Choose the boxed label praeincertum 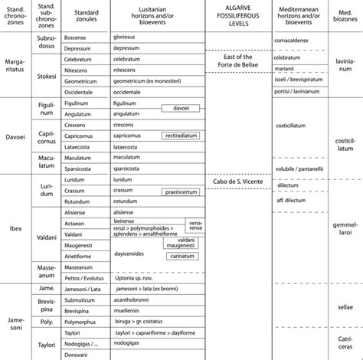pyautogui.click(x=182, y=192)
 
